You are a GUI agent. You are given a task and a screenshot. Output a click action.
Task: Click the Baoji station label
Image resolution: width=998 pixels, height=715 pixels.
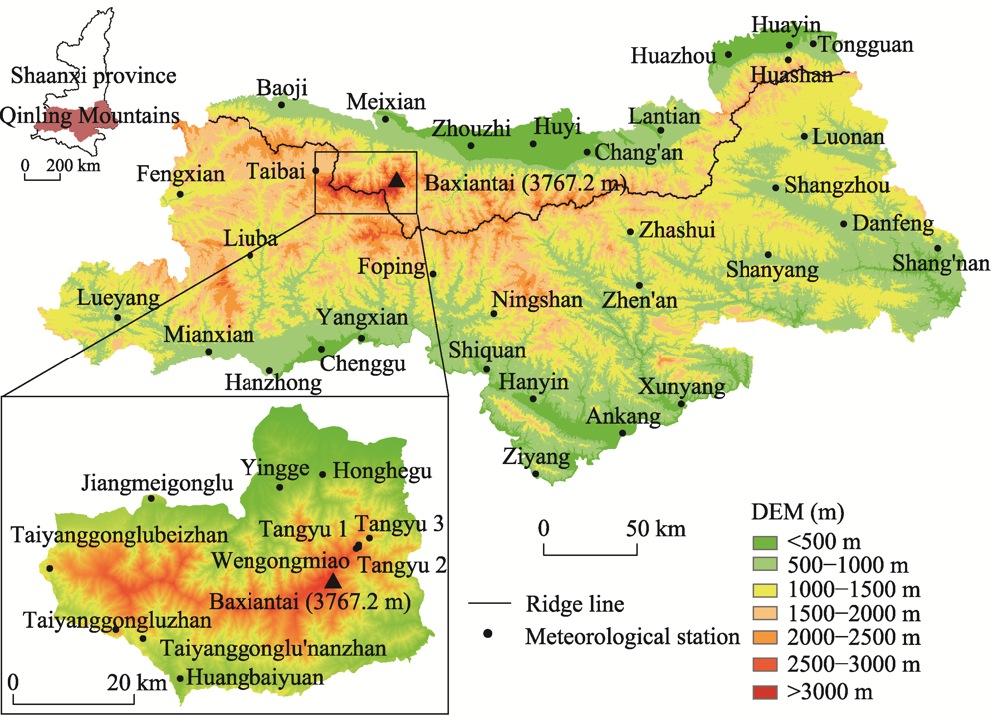coord(283,87)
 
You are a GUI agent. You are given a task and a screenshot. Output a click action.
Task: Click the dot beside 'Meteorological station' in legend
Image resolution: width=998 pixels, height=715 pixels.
coord(487,633)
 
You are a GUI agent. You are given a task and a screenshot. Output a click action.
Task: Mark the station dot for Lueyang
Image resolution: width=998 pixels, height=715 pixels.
coord(118,318)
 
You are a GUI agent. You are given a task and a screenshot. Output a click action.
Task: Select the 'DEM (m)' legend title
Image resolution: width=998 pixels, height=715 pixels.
coord(796,515)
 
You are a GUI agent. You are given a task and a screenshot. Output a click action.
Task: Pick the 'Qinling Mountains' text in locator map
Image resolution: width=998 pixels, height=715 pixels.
coord(90,116)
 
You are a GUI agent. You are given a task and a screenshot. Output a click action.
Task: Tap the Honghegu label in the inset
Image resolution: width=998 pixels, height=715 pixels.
coord(370,470)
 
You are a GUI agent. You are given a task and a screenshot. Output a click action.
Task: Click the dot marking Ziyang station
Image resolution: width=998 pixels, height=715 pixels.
coord(536,474)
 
